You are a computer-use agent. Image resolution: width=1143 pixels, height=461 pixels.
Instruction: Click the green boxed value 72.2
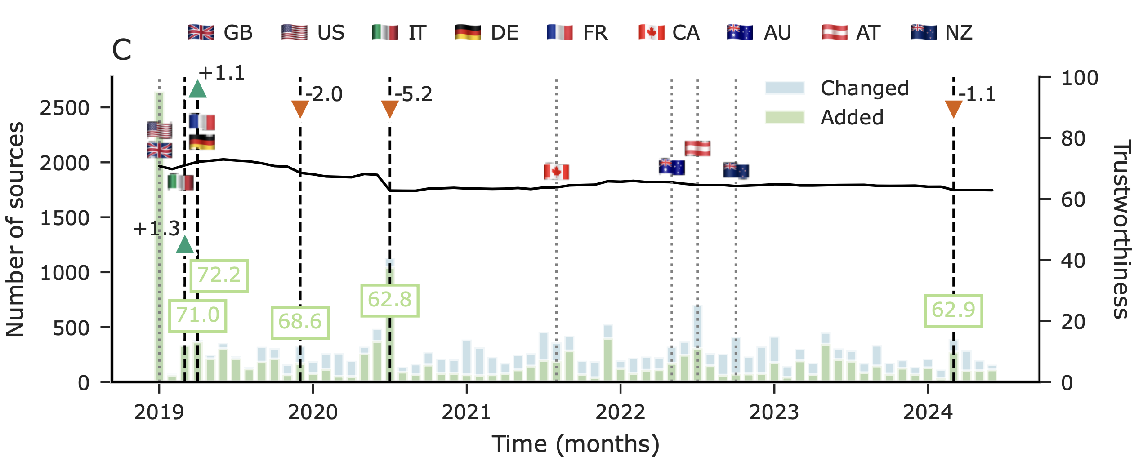tap(219, 275)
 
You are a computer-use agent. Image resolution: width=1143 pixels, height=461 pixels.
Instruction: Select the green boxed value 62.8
tap(389, 300)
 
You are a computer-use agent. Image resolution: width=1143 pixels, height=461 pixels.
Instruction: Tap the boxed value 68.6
tap(300, 322)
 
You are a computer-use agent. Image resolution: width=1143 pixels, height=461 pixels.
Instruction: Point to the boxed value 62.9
tap(953, 310)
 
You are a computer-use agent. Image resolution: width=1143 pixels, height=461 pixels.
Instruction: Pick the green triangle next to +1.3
tap(185, 244)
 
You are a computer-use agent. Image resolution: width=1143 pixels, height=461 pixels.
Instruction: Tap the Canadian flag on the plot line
tap(556, 171)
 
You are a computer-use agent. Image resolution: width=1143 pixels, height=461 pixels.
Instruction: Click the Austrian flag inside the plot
tap(697, 148)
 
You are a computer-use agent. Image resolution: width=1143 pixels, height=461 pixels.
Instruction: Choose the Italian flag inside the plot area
tap(181, 182)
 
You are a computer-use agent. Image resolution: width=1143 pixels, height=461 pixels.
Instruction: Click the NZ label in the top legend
tap(959, 33)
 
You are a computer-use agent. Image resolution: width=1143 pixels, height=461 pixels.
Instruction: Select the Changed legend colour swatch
tap(785, 88)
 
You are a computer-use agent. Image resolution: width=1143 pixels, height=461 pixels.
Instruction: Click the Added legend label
tap(852, 118)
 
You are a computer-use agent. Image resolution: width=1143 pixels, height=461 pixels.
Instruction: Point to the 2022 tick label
tap(620, 412)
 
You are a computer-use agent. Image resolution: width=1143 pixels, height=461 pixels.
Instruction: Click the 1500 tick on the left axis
tap(65, 218)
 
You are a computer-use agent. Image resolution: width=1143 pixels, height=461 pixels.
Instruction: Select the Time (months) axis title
tap(576, 444)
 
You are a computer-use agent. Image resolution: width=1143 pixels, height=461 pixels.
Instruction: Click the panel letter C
tap(121, 50)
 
